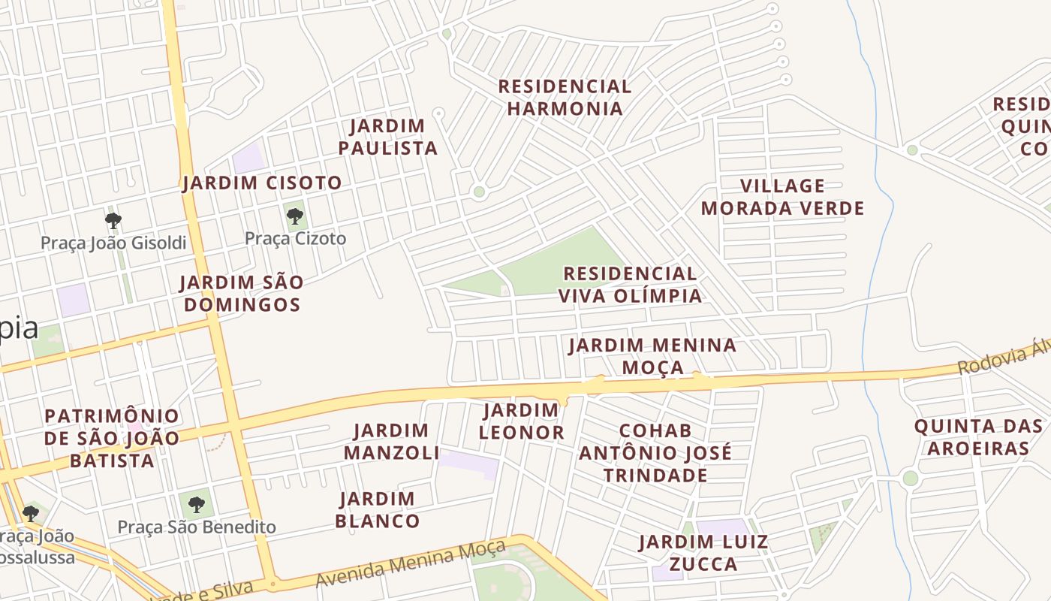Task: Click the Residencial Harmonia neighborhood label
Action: coord(565,98)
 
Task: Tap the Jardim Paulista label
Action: coord(387,137)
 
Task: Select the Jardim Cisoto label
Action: coord(262,183)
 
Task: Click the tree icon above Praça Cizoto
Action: coord(295,217)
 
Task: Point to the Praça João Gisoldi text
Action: coord(113,243)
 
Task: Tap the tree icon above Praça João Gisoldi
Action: coord(113,221)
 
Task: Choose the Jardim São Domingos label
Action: coord(242,294)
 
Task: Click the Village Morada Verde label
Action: coord(783,197)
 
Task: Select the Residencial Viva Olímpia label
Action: coord(630,284)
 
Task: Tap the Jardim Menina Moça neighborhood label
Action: coord(652,356)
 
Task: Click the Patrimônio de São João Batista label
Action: coord(112,438)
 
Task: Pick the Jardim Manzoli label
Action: coord(391,442)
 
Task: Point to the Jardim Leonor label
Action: coord(521,421)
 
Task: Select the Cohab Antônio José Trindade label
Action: coord(655,453)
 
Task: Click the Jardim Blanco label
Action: coord(377,509)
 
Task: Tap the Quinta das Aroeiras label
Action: coord(978,437)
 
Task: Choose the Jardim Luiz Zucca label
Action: coord(703,553)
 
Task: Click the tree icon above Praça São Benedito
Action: coord(197,504)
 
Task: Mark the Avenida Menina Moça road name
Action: coord(410,565)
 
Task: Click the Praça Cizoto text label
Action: coord(296,239)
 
